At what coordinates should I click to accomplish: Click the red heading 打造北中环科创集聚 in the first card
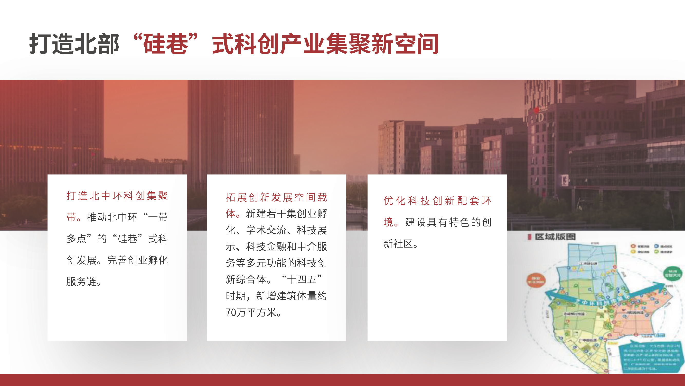coord(117,196)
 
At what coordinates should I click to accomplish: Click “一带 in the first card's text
coord(156,217)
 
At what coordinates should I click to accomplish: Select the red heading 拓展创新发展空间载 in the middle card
coord(276,197)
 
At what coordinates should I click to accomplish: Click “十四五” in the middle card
coord(302,279)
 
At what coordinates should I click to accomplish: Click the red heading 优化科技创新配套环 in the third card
coord(437,201)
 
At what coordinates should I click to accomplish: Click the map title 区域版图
coord(555,236)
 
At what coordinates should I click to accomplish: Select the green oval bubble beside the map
coord(673,273)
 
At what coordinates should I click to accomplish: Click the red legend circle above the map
coord(633,246)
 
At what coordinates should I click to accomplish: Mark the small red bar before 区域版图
coord(529,237)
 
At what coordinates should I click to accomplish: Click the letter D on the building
coord(541,117)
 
